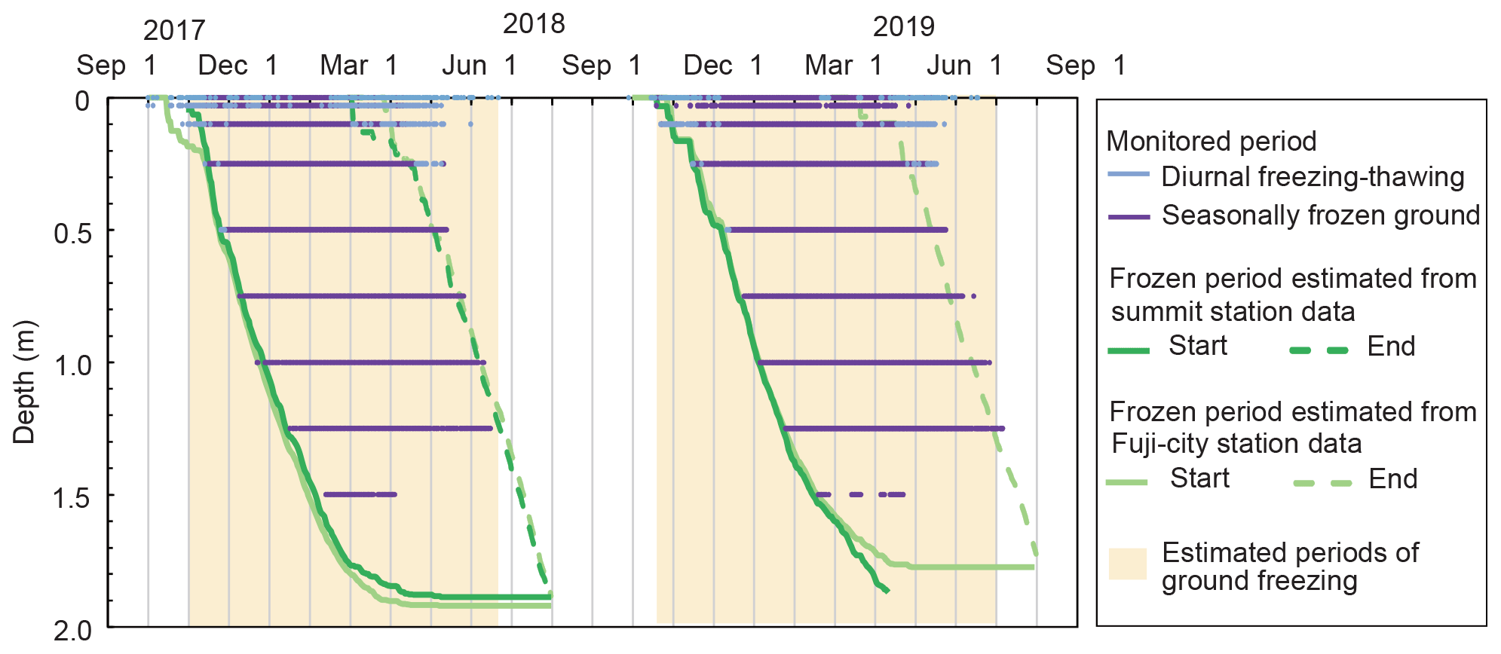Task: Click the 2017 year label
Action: click(x=174, y=31)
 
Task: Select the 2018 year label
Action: click(x=534, y=24)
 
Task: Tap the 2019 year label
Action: click(x=903, y=27)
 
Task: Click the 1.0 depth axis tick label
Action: click(x=72, y=365)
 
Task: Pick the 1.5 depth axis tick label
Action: click(x=72, y=497)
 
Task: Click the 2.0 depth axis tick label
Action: click(x=72, y=630)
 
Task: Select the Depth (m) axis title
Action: click(x=24, y=382)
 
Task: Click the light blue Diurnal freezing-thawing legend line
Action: click(x=1129, y=175)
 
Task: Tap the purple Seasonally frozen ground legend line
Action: click(x=1129, y=217)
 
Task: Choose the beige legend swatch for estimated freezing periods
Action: click(x=1127, y=564)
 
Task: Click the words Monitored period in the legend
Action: click(x=1211, y=142)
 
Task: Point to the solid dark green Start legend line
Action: click(x=1129, y=350)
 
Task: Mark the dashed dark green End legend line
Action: click(x=1319, y=350)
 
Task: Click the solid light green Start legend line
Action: click(x=1127, y=482)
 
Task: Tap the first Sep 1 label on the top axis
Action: click(x=116, y=66)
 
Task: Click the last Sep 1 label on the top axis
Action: click(x=1086, y=66)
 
